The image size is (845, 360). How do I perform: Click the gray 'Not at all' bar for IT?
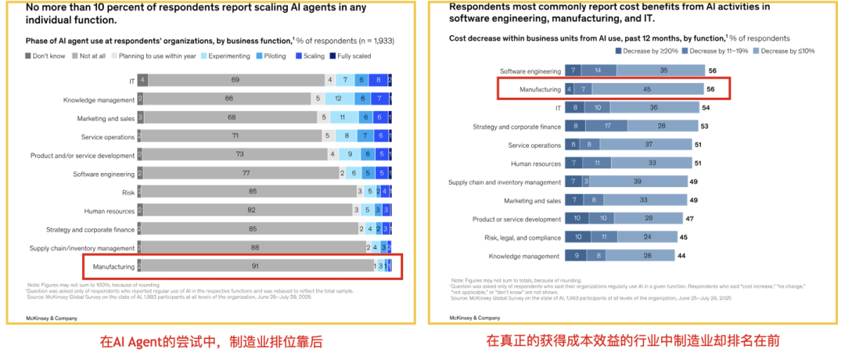point(235,80)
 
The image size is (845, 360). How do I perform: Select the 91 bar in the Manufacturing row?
point(254,266)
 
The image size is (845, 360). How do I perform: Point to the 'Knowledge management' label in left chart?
point(99,99)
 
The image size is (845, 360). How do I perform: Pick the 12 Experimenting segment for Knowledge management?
point(338,99)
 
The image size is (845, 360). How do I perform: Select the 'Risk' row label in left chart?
point(128,192)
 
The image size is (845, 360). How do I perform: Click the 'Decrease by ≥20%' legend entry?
point(645,51)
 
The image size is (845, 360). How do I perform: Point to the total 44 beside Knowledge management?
point(681,256)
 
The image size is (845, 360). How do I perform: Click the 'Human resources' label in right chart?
point(536,163)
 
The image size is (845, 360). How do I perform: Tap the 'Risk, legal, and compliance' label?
point(519,237)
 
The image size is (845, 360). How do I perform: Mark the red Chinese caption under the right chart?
point(633,340)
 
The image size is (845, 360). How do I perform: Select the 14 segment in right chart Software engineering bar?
point(598,70)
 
